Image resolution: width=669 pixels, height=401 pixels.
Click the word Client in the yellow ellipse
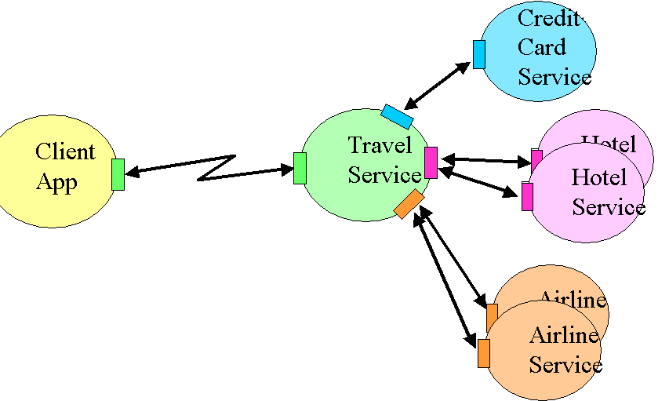click(65, 151)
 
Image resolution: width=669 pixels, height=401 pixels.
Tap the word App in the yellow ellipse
click(56, 182)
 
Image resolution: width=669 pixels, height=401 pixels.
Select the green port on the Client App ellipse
click(118, 174)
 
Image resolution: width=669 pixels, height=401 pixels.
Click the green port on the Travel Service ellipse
click(300, 169)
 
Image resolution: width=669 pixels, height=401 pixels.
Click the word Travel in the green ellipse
click(380, 145)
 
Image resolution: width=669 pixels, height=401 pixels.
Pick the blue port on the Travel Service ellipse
click(397, 116)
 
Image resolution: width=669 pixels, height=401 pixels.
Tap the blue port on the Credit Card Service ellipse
click(478, 54)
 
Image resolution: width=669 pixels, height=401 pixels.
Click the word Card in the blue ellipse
click(541, 47)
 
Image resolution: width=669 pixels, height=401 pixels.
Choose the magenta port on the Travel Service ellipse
click(431, 162)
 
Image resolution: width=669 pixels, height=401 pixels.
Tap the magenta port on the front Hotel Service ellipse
click(527, 196)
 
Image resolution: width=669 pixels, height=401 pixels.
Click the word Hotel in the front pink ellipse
click(598, 177)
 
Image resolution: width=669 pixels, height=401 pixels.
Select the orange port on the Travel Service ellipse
click(409, 204)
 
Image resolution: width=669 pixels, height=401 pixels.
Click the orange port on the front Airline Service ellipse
click(484, 353)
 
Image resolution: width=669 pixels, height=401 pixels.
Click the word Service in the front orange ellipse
click(565, 365)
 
